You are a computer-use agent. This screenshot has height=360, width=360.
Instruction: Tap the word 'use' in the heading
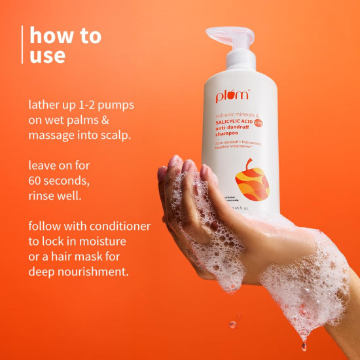pos(47,55)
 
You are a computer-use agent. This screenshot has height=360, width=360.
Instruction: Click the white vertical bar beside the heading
pos(23,45)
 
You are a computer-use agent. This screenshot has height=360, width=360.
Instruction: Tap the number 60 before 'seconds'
pos(37,181)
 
